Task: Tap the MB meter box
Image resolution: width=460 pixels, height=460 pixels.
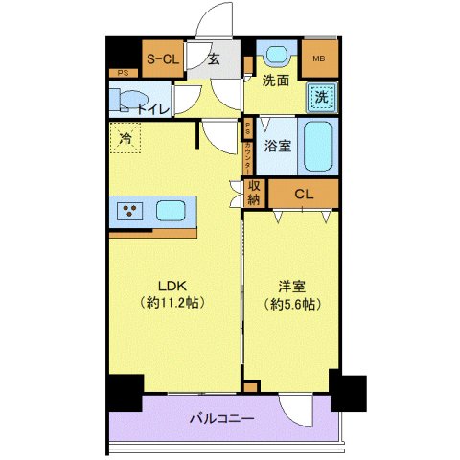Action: (x=320, y=58)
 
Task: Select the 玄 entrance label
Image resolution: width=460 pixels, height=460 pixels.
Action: (x=215, y=59)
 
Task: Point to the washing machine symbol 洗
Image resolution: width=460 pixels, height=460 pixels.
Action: (x=323, y=96)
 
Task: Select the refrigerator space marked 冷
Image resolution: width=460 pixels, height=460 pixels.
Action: (x=126, y=140)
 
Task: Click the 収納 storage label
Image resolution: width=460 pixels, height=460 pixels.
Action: (x=254, y=193)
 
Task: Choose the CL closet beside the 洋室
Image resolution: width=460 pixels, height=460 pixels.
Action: (x=304, y=195)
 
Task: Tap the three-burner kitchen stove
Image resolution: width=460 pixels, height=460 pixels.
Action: (x=129, y=210)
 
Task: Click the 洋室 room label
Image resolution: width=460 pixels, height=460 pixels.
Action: (x=291, y=285)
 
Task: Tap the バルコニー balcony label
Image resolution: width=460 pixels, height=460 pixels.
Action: (x=220, y=419)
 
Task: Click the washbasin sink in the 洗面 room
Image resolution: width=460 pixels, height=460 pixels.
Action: (x=277, y=55)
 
